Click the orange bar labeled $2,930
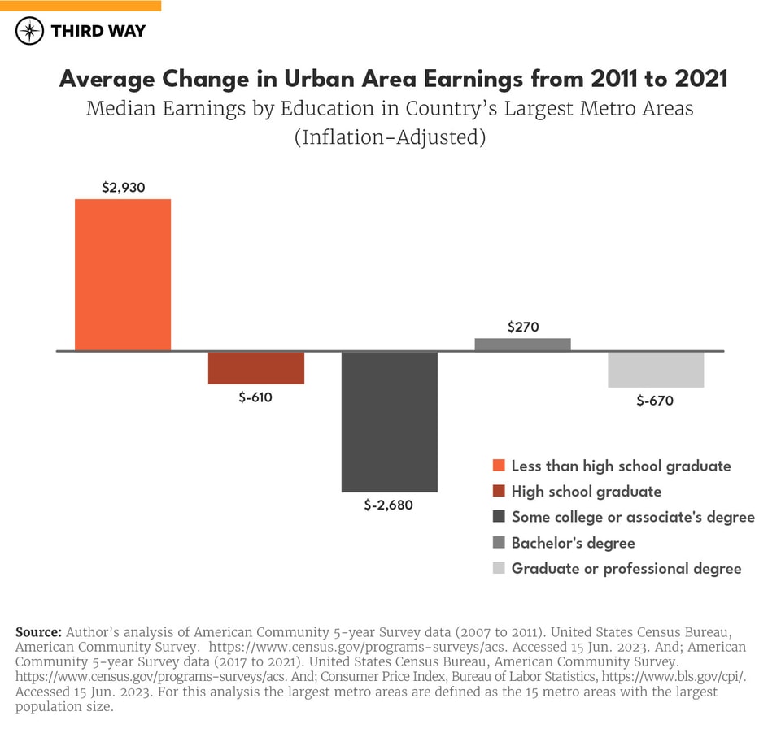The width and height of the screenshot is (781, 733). [x=123, y=275]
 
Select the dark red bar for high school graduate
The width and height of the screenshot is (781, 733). [x=256, y=367]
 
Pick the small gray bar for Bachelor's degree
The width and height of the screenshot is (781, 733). [x=523, y=345]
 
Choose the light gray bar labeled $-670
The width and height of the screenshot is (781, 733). [x=656, y=370]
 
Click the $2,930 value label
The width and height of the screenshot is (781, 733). [x=123, y=187]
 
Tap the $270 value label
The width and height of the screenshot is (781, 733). [x=523, y=327]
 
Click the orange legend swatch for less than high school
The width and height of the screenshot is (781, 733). [x=499, y=466]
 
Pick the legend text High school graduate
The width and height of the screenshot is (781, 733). [x=586, y=492]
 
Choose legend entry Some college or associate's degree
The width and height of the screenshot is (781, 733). [x=632, y=517]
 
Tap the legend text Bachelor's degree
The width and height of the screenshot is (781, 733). [x=573, y=543]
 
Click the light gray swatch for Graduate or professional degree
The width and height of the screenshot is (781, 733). [x=499, y=568]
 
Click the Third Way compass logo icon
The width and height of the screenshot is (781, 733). [x=29, y=31]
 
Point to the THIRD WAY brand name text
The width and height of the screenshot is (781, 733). [x=98, y=31]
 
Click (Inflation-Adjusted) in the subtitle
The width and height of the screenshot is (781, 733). [x=390, y=137]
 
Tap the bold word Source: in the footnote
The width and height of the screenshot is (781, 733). [x=38, y=631]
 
